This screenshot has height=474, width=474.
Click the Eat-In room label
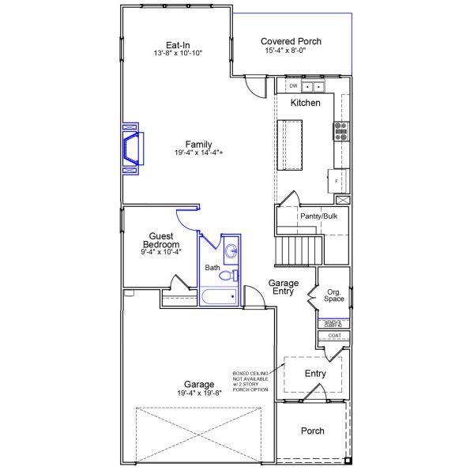point(178,44)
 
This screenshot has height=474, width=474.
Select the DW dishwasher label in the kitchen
point(293,86)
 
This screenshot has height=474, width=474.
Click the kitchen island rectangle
point(290,144)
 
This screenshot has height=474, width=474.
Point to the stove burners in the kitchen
point(341,131)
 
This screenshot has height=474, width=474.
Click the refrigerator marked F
point(337,181)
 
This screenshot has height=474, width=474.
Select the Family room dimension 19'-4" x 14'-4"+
point(198,152)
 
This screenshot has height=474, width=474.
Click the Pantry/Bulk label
point(318,216)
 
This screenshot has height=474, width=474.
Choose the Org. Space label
point(334,295)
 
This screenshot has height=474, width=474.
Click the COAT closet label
point(334,336)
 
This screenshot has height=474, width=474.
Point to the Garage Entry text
point(282,287)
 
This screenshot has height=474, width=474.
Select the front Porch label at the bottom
point(312,431)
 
